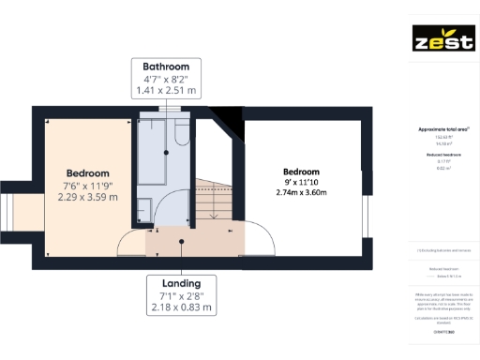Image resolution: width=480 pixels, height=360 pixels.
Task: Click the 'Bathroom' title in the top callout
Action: point(166,67)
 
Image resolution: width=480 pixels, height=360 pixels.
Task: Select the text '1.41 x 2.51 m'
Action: point(166,91)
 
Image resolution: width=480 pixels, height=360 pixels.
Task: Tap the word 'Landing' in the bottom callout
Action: point(179,284)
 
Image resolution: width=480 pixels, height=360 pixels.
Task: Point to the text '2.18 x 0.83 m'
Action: point(179,308)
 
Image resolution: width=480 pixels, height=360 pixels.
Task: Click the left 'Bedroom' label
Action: point(88,173)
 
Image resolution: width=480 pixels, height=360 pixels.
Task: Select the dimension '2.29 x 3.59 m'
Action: point(88,198)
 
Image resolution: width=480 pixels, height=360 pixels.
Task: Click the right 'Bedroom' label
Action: point(301,172)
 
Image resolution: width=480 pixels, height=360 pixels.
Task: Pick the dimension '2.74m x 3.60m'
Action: point(301,192)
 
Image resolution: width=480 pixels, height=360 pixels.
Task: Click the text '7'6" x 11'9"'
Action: point(88,186)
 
